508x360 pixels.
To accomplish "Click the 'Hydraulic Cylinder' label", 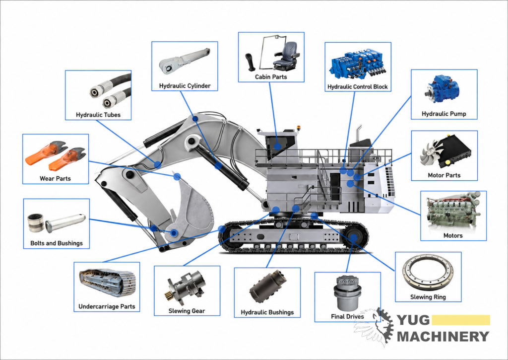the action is [x=185, y=86].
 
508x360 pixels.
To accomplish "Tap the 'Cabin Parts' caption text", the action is [x=271, y=77].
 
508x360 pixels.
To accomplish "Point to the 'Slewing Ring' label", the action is [x=428, y=297].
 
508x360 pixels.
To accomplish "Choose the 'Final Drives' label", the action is [x=347, y=316].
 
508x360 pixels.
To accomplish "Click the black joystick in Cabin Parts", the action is [x=251, y=62].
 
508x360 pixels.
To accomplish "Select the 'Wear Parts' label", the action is [x=55, y=179].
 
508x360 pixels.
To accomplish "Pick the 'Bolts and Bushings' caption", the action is [x=57, y=243].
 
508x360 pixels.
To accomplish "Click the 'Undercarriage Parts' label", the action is [x=107, y=306].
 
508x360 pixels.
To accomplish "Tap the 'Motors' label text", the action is [x=453, y=236].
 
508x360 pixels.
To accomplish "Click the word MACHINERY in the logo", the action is [x=443, y=336].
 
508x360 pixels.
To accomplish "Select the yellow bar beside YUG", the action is [x=461, y=320].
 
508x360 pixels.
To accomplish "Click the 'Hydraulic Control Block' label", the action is [x=357, y=87].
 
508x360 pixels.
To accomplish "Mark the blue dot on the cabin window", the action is [x=278, y=146].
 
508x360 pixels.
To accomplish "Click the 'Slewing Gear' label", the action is [x=187, y=311].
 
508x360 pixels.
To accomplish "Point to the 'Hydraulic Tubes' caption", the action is [x=98, y=115].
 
